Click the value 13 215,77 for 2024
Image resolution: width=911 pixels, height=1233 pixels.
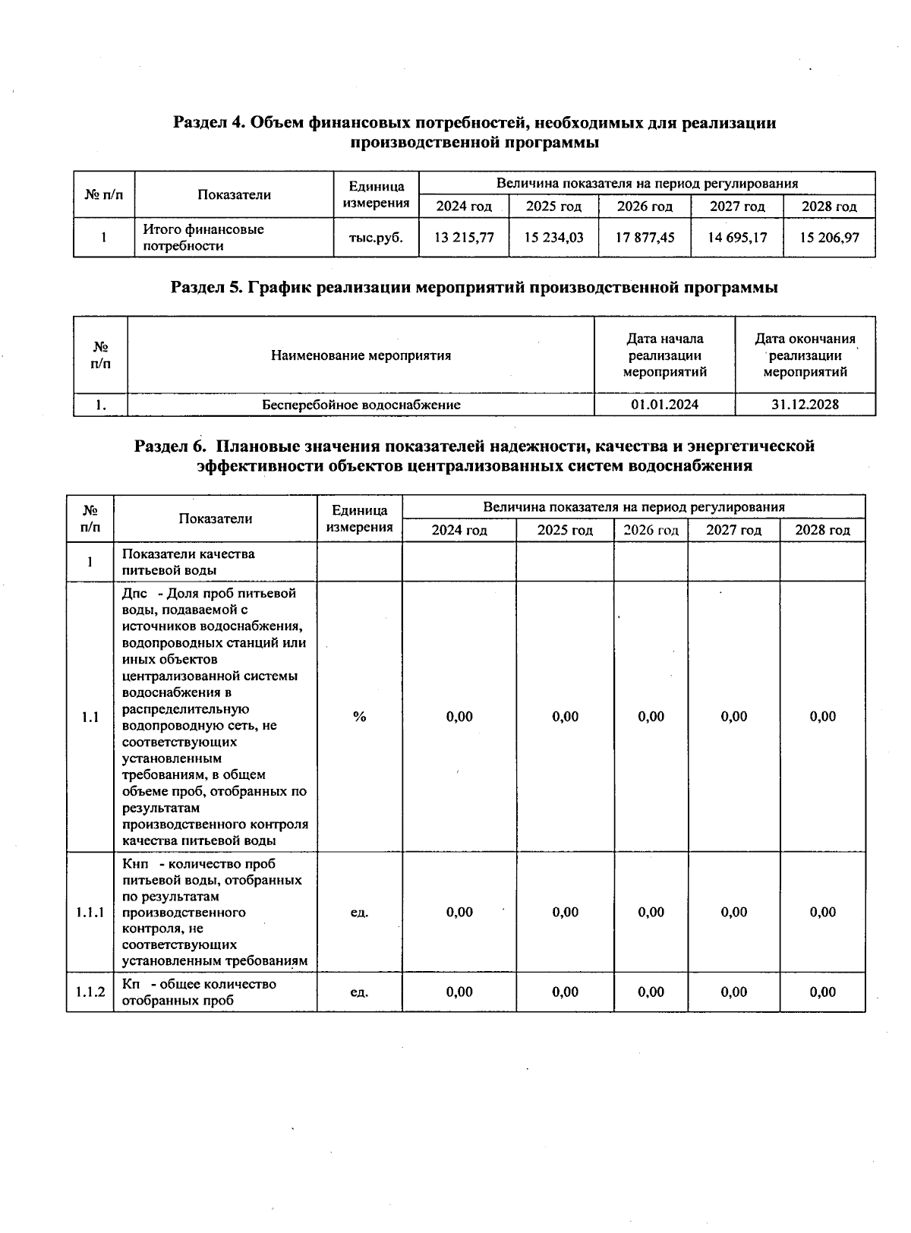[464, 238]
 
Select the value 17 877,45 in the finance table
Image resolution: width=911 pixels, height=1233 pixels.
[645, 238]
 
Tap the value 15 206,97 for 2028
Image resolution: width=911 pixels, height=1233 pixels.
[829, 238]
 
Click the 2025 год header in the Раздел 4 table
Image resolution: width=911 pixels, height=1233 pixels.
[553, 207]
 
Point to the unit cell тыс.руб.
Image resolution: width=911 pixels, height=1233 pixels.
[376, 238]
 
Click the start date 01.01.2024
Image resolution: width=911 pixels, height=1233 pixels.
[664, 405]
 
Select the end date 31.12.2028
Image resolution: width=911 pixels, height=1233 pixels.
[805, 405]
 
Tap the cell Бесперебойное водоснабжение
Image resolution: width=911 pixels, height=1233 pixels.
[361, 405]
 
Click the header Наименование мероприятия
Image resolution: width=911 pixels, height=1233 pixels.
[361, 355]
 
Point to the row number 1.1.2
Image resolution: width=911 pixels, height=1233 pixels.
[90, 992]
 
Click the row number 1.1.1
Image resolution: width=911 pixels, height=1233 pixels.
[90, 913]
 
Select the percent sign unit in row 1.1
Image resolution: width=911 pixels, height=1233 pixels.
[359, 717]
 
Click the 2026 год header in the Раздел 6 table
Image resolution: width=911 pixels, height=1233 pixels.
[651, 530]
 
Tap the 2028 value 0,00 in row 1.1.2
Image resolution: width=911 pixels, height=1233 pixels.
[822, 992]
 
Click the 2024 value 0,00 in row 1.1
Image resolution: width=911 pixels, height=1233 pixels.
[459, 717]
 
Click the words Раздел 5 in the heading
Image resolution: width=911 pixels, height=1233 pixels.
[200, 288]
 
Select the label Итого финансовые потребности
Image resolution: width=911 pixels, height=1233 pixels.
[203, 238]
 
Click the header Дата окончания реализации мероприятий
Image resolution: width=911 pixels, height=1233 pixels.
[805, 355]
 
